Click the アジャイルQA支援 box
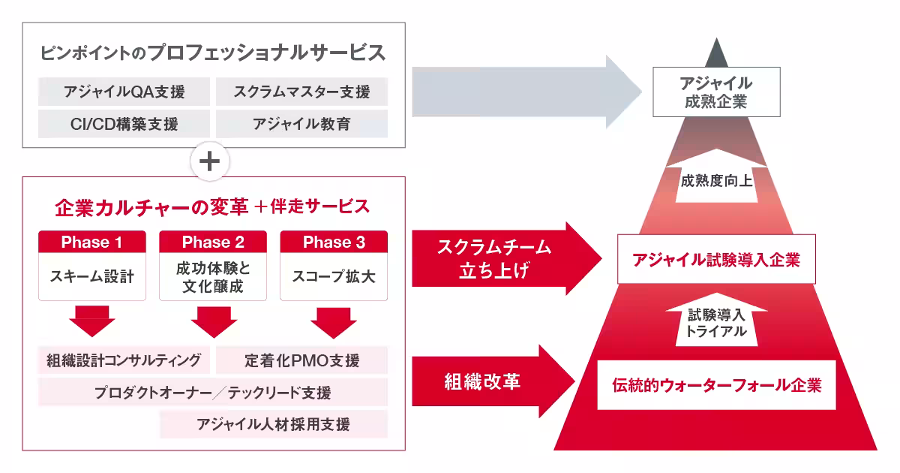(x=124, y=92)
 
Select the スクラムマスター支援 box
(x=301, y=92)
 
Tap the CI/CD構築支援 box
(x=124, y=124)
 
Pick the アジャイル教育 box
(x=301, y=124)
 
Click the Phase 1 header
(x=92, y=242)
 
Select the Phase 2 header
(x=213, y=242)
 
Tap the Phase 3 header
(x=334, y=242)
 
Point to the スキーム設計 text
(x=92, y=276)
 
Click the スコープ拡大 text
(x=334, y=276)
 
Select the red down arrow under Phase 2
(x=213, y=321)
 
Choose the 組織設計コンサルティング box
(x=124, y=360)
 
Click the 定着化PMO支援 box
(x=301, y=360)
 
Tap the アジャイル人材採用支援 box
(x=274, y=424)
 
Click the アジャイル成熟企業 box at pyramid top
(x=715, y=92)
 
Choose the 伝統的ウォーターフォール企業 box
(x=716, y=385)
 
